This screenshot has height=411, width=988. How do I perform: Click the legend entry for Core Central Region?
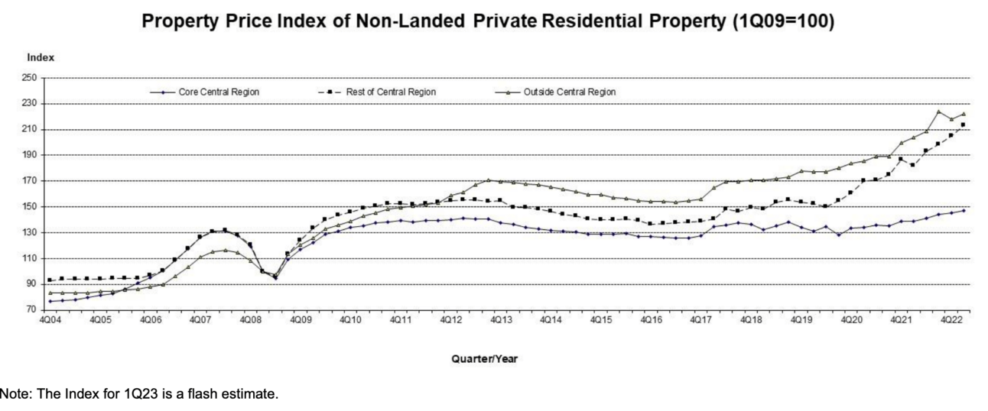tap(219, 92)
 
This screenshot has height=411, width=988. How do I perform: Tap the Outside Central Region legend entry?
tap(569, 92)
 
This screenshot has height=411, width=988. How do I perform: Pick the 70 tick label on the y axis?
tap(32, 310)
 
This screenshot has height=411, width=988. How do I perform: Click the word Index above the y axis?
tap(40, 58)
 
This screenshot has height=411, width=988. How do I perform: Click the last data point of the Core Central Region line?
tap(963, 211)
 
